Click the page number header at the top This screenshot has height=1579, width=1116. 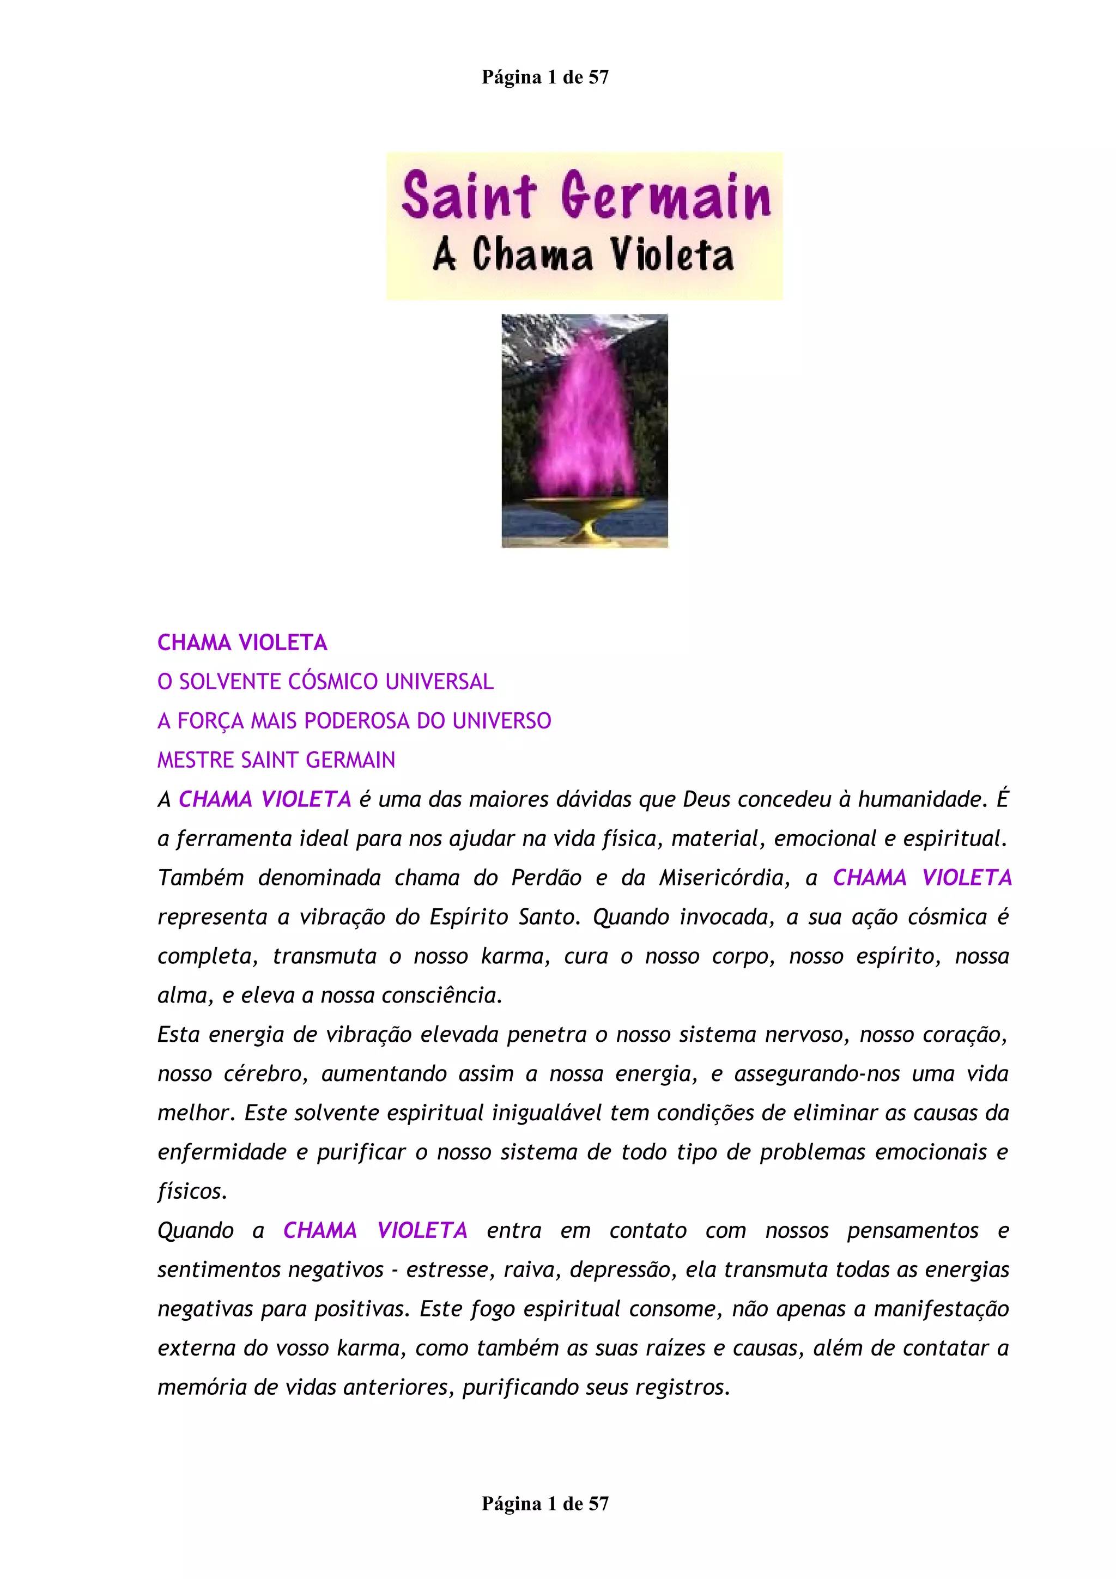click(x=544, y=77)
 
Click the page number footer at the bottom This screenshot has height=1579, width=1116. click(x=544, y=1503)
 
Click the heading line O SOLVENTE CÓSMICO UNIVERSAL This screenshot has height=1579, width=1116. click(x=325, y=682)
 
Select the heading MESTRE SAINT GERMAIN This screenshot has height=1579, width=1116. click(x=276, y=760)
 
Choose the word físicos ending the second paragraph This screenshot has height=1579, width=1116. click(x=192, y=1192)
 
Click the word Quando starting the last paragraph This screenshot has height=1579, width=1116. click(x=195, y=1231)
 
